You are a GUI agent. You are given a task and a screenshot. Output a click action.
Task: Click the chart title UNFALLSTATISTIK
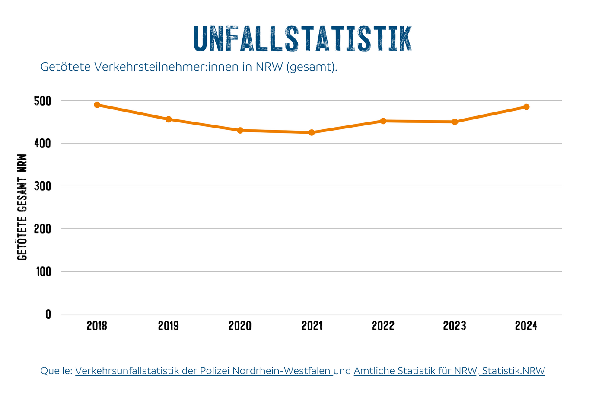click(302, 39)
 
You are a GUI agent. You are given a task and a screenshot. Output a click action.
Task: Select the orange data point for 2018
click(97, 105)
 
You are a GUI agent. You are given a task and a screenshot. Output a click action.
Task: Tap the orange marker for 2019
click(169, 119)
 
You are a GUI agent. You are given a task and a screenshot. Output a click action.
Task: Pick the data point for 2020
click(240, 130)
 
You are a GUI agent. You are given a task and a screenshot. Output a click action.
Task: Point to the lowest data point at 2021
click(312, 132)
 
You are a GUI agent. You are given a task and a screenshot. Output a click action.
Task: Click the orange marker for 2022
click(383, 121)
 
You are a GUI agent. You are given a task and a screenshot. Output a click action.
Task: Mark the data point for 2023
click(455, 122)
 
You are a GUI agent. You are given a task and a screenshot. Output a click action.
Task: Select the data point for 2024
click(526, 107)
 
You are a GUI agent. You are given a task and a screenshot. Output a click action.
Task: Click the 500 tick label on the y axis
click(42, 101)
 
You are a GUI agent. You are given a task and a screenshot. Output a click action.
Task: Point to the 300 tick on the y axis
click(42, 186)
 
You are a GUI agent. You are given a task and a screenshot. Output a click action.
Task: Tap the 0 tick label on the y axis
click(48, 315)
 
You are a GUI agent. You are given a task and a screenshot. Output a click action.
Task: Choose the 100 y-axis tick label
click(42, 272)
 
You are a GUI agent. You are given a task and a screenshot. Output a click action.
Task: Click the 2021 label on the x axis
click(312, 326)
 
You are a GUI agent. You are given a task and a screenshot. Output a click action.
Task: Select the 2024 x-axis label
click(526, 326)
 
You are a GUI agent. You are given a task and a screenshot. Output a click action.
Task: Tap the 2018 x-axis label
click(97, 326)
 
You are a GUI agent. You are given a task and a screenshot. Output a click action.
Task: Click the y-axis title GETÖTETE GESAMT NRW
click(22, 207)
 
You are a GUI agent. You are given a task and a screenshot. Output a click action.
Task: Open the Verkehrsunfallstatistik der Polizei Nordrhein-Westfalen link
click(204, 371)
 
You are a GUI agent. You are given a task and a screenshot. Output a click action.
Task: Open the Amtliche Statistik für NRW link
click(449, 371)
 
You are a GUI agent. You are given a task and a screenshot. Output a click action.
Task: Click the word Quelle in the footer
click(56, 371)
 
